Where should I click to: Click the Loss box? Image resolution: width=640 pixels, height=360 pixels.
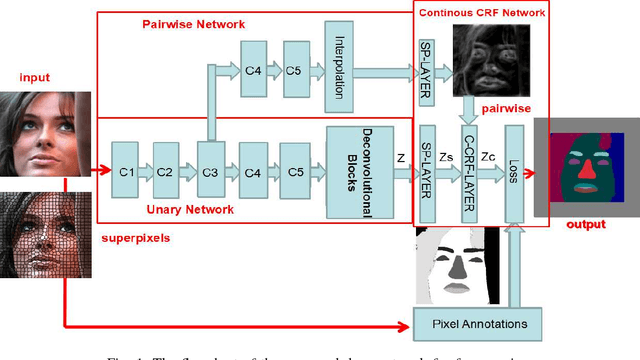click(x=513, y=171)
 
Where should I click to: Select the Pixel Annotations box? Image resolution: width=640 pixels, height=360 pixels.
click(x=476, y=323)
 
